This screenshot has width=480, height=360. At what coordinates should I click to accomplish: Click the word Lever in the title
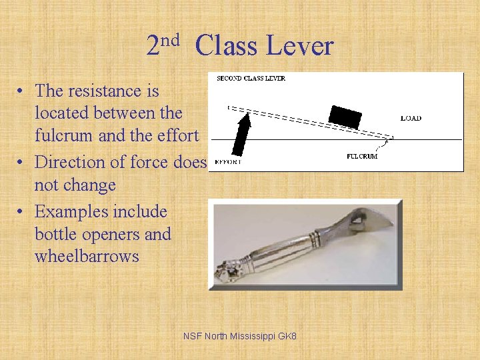point(299,46)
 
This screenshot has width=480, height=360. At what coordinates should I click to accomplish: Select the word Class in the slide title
point(226,46)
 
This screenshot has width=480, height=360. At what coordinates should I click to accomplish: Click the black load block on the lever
point(345,116)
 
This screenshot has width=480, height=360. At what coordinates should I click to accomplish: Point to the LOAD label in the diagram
point(411,119)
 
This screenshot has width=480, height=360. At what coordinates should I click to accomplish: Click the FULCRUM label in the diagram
point(363,156)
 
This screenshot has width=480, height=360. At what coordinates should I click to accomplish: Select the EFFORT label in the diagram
point(229,161)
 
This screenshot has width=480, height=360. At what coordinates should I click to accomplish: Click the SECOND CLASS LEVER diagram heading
point(251,79)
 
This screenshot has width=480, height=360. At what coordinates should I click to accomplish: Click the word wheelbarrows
point(87,256)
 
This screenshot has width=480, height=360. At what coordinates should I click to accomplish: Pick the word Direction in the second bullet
point(72,162)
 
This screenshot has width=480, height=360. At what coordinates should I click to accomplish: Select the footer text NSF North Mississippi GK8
point(240,337)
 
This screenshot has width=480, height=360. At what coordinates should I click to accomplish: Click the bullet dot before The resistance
point(22,91)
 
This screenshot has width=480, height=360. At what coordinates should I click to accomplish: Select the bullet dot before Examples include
point(22,213)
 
